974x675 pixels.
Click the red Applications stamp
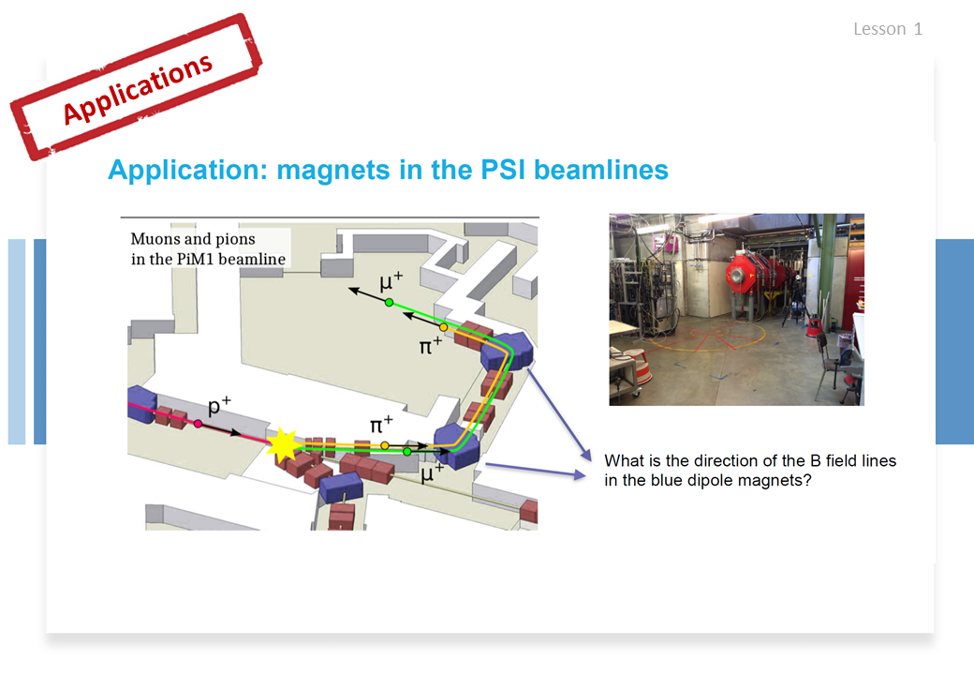136,87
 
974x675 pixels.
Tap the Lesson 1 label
888,29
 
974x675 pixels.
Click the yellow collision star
283,444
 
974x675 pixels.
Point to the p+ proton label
219,405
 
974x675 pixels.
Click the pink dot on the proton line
198,424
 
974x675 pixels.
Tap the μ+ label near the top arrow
391,281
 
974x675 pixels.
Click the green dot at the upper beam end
389,303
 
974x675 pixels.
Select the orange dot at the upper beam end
444,327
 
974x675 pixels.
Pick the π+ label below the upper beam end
431,345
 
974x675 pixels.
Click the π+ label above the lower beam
381,425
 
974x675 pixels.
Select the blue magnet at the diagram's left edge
141,405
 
